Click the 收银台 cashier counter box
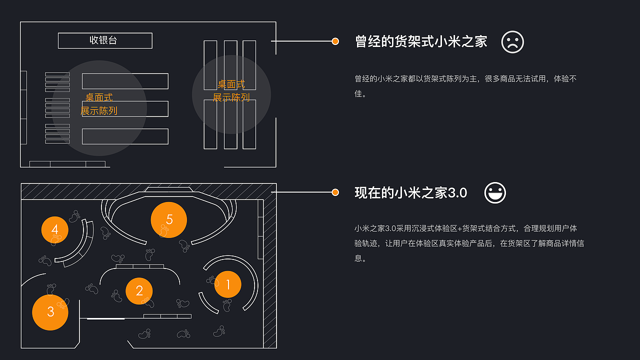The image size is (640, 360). pos(105,40)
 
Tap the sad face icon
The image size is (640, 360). pos(512,42)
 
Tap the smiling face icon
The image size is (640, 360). pos(495,193)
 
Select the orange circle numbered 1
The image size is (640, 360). pos(227,284)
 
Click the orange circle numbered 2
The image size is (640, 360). pos(139,291)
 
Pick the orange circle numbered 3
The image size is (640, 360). pos(50,312)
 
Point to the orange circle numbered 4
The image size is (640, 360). pos(54,229)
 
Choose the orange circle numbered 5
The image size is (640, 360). pos(169,219)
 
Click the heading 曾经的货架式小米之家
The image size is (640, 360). pos(421,41)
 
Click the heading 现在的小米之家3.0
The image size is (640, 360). pos(410,193)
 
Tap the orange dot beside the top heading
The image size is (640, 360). pos(335,41)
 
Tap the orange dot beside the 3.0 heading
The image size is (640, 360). pos(335,192)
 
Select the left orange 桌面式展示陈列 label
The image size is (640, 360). pos(99,104)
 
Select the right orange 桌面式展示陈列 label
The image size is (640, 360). pos(231,91)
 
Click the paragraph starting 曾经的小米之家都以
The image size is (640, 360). pos(465,86)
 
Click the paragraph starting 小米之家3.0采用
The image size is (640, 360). pos(469,243)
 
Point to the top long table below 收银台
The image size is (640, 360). pos(125,81)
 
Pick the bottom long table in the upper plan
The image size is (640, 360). pos(125,136)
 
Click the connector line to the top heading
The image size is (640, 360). pos(302,41)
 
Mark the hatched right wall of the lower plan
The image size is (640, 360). pos(270,270)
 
